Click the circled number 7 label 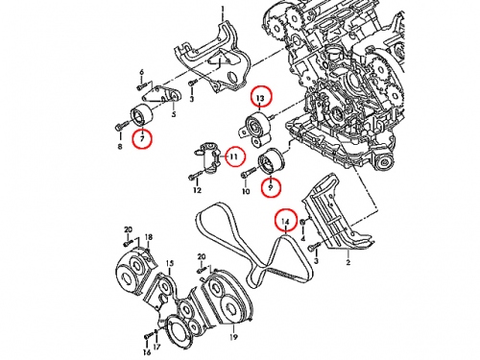point(142,138)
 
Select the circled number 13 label point(260,97)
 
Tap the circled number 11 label point(234,156)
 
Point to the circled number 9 point(271,187)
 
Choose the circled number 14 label point(286,220)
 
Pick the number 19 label point(233,337)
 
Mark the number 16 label point(147,352)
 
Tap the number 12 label point(197,190)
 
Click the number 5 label point(174,114)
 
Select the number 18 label point(149,237)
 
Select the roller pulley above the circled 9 point(271,161)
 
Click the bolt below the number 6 point(142,85)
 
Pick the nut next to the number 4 point(303,221)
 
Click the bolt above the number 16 point(148,336)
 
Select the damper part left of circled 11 point(207,158)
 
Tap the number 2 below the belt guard point(348,263)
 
